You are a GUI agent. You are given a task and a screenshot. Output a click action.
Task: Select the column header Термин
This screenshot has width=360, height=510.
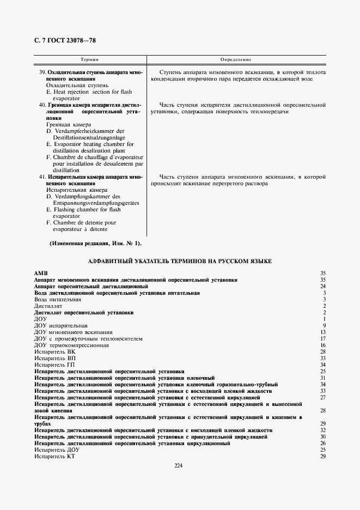[x=89, y=59]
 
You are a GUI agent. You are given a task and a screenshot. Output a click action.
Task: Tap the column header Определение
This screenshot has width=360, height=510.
[x=235, y=59]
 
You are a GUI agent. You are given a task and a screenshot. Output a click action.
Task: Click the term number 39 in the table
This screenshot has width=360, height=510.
[x=42, y=72]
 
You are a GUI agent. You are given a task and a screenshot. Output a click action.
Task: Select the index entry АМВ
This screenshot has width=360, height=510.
[x=41, y=273]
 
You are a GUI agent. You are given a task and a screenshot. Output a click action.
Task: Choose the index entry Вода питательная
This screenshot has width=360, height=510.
[x=58, y=299]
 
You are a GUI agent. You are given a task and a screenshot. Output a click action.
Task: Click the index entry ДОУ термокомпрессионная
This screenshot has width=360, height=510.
[x=71, y=345]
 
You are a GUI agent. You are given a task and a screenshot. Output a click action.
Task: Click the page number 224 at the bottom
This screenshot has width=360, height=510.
[x=179, y=465]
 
